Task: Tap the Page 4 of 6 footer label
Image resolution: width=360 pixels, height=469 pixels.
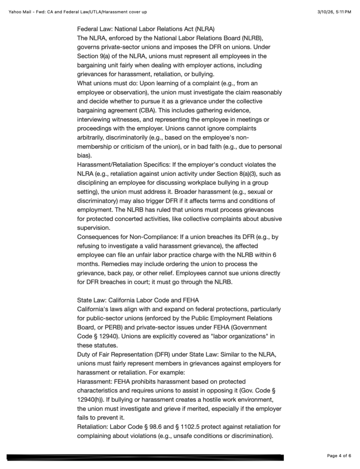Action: tap(339, 455)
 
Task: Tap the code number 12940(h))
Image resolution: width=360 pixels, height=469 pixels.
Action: tap(90, 399)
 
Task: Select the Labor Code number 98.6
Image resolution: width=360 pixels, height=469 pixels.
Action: tap(170, 426)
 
